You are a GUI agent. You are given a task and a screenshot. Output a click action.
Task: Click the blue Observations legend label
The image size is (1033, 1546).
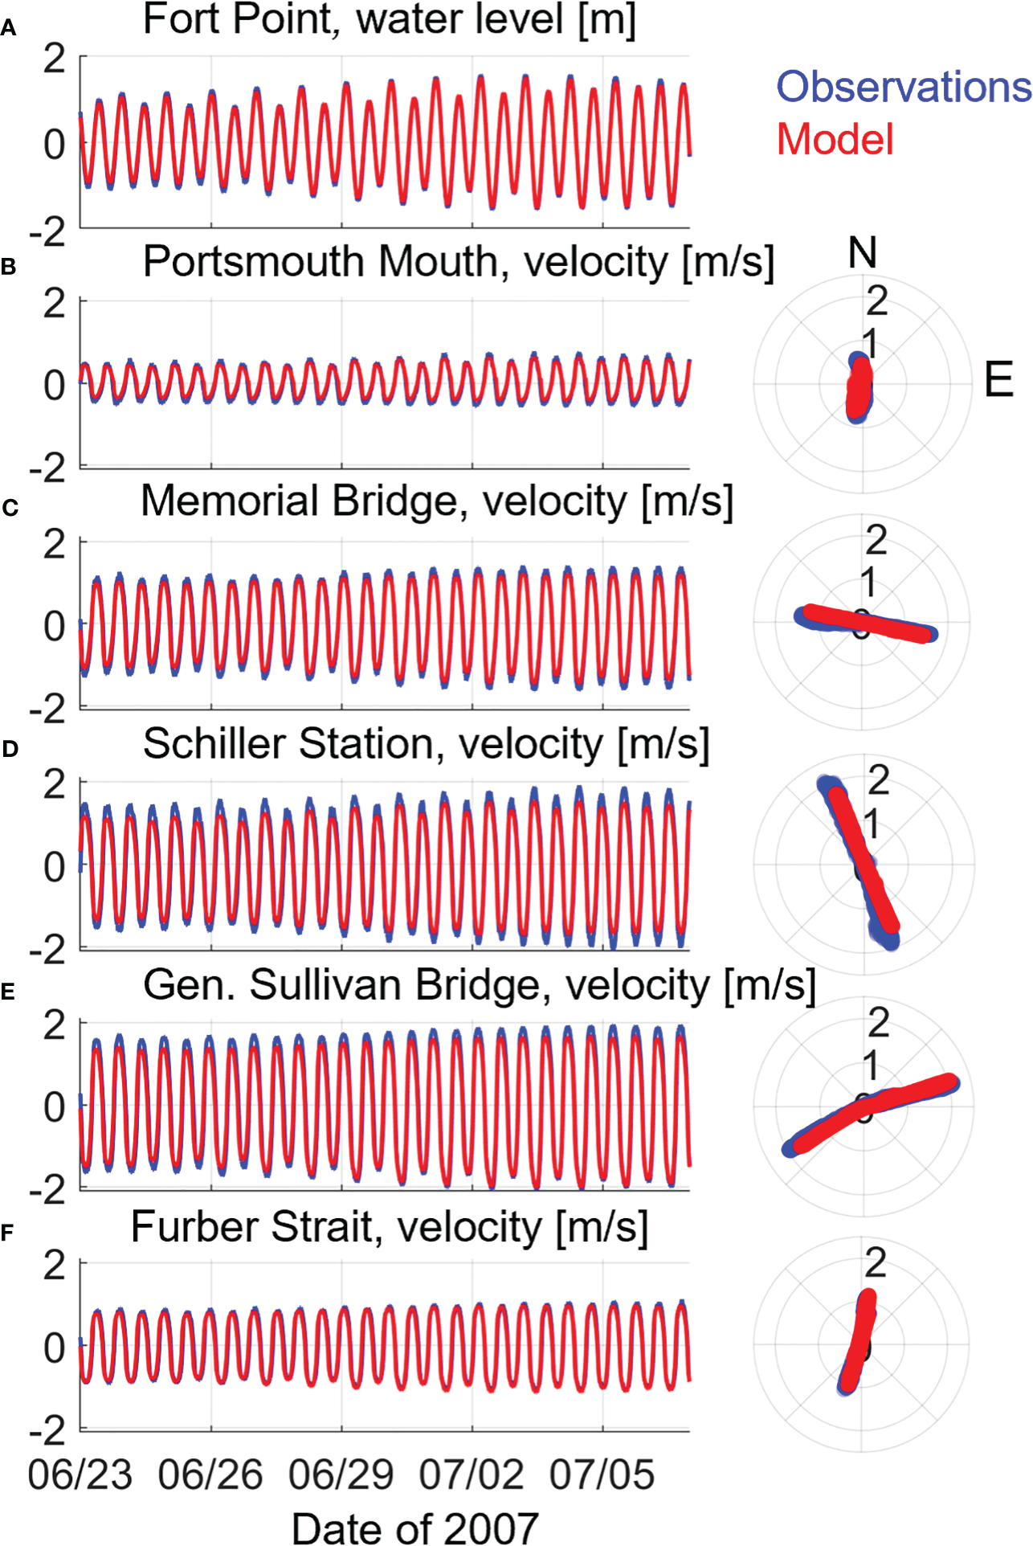tap(903, 87)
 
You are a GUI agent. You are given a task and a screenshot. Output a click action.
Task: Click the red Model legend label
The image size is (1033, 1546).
tap(835, 140)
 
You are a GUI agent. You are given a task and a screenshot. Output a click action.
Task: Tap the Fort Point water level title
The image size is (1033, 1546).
tap(390, 19)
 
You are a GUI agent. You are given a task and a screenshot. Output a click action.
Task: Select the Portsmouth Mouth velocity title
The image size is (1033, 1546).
tap(458, 262)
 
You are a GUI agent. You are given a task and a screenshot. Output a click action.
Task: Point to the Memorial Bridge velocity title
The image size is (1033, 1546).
tap(437, 501)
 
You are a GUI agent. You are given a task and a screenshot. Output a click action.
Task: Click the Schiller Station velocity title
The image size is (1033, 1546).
tap(426, 743)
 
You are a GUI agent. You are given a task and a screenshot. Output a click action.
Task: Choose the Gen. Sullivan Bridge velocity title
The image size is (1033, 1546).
tap(479, 985)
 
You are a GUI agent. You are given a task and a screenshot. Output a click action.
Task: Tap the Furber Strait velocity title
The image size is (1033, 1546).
tap(390, 1227)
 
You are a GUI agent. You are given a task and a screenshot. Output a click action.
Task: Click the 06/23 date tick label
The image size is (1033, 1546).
tap(80, 1475)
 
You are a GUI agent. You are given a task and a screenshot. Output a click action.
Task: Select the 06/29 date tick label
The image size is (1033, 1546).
tap(341, 1475)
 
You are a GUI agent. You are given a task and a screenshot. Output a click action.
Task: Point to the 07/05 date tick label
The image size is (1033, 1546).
tap(602, 1475)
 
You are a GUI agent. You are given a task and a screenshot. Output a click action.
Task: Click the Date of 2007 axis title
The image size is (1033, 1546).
tap(414, 1527)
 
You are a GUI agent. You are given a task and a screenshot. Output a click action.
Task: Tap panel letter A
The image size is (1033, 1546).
tap(9, 30)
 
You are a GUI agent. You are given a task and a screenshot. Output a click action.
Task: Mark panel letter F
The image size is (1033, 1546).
tap(7, 1233)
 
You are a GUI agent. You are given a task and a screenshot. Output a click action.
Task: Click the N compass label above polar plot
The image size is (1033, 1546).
tap(862, 253)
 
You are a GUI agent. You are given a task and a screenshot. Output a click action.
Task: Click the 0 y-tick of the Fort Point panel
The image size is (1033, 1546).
tap(55, 145)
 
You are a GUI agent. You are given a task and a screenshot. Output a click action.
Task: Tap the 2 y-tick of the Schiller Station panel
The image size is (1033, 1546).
tap(55, 784)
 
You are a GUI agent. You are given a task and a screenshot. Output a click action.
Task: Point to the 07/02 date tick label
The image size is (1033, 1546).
tap(472, 1475)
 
